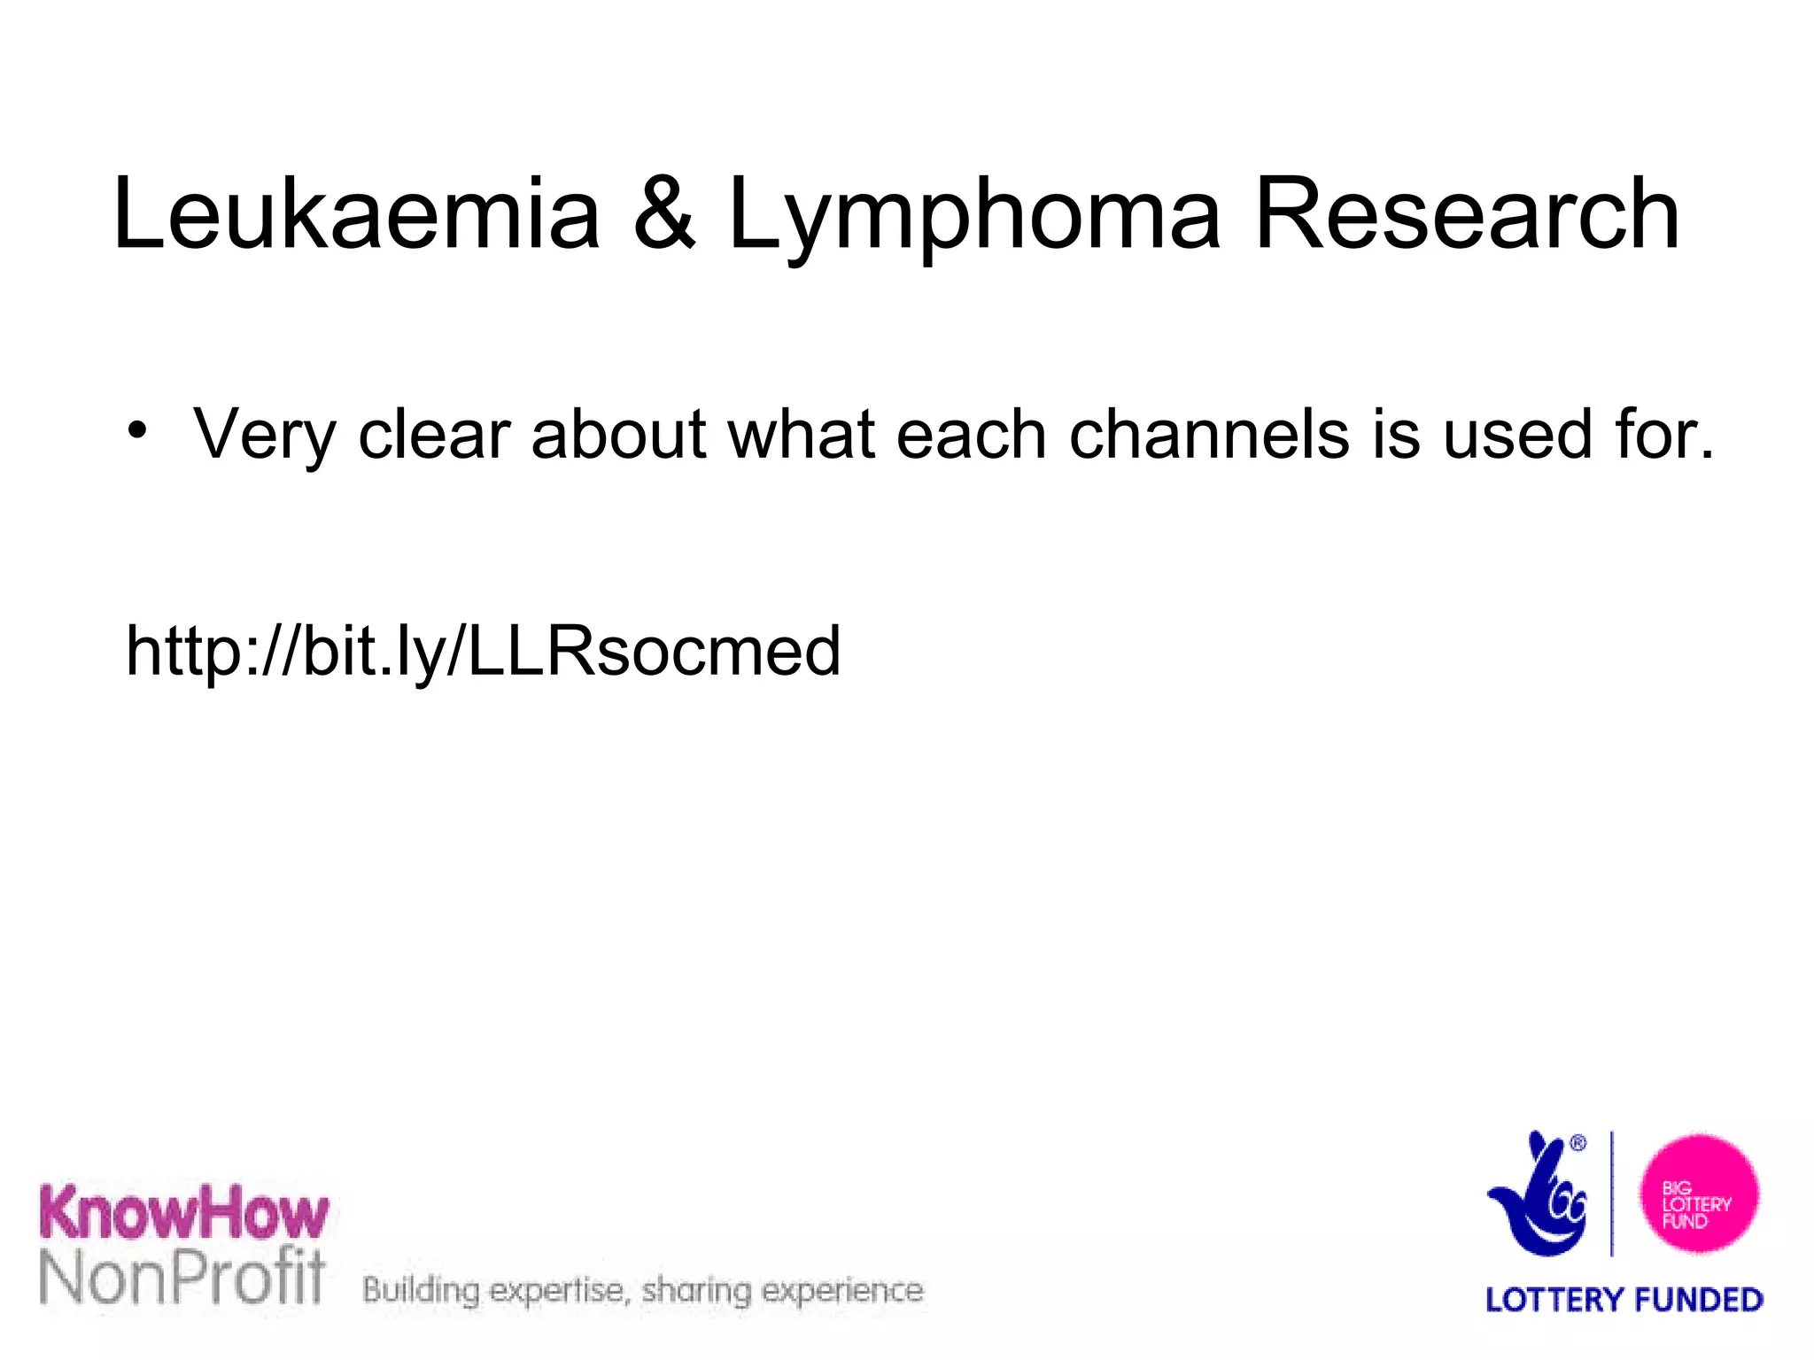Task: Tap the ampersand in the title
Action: click(x=664, y=214)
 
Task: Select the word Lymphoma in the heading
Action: click(x=974, y=217)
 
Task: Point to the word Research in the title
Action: click(x=1467, y=214)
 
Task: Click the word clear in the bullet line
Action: click(x=434, y=434)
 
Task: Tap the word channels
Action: click(x=1210, y=434)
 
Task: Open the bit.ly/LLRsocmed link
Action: click(x=484, y=652)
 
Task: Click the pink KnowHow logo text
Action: click(x=184, y=1213)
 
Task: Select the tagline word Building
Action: click(x=422, y=1291)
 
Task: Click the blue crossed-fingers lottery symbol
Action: click(x=1539, y=1195)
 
